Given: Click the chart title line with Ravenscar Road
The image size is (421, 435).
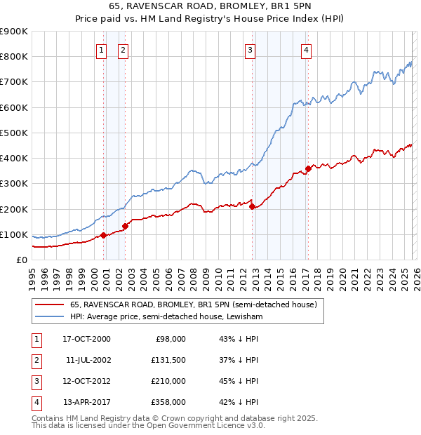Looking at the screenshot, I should point(210,7).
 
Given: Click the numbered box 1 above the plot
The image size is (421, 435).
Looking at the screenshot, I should point(102,50).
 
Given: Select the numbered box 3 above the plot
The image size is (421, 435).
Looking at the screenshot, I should point(250,50).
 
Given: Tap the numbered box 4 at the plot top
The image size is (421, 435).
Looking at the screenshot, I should point(307,50).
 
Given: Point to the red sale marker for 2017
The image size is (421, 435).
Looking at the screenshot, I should point(308,168).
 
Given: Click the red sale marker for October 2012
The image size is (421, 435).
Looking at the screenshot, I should point(252,206).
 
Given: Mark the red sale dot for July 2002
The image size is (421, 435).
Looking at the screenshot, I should point(125,226).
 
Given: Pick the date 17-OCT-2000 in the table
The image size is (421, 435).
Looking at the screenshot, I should point(86,339).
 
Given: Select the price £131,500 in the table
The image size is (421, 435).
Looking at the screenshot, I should point(169,360).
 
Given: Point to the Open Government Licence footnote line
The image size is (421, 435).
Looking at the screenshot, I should point(149,425).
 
